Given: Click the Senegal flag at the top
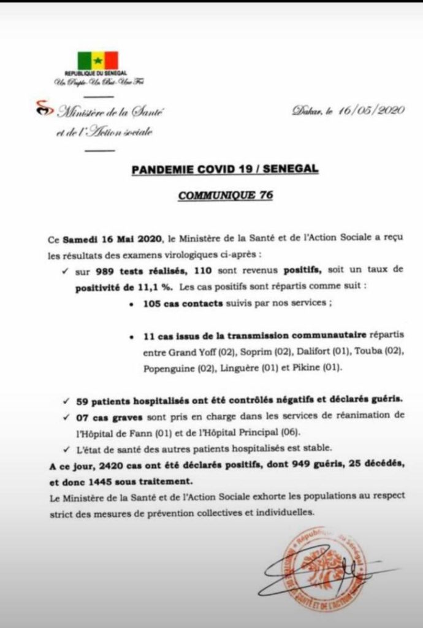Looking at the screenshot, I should (x=97, y=61).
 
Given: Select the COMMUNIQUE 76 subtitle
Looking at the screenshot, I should (x=225, y=196).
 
